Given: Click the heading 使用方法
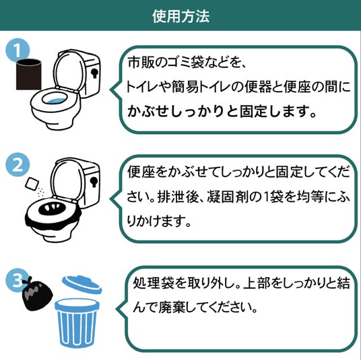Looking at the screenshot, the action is click(180, 16).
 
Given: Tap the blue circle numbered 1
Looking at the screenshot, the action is click(18, 50).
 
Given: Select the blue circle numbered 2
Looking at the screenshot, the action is click(18, 164).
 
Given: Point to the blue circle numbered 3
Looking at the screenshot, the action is click(17, 281).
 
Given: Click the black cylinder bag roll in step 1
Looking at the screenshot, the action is click(29, 74).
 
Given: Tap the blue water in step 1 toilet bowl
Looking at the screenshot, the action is click(55, 102).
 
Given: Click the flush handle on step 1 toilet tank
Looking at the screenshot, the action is click(94, 73).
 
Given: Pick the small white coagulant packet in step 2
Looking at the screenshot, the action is click(32, 184).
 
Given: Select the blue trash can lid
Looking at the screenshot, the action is click(82, 285).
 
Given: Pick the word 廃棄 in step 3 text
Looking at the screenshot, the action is click(172, 307).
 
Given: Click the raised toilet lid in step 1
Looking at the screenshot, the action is click(69, 71).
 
